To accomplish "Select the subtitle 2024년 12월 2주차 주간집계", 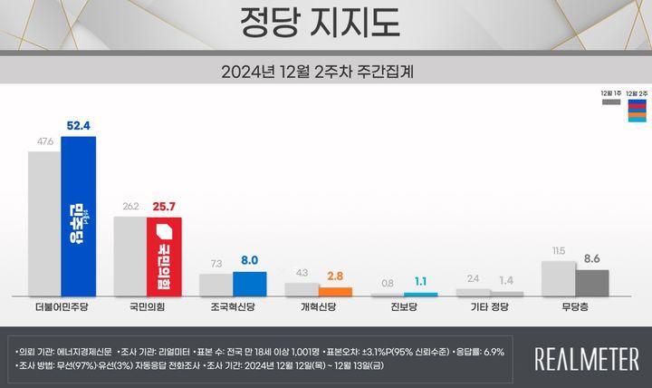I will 324,69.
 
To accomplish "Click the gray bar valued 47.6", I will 43,224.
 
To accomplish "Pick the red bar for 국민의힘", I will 164,257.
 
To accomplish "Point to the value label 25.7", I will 164,208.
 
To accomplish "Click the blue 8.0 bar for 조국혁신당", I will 249,284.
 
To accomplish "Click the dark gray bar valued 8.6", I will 591,282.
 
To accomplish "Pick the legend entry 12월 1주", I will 611,98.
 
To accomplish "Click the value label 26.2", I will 129,208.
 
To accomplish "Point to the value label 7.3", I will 216,263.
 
